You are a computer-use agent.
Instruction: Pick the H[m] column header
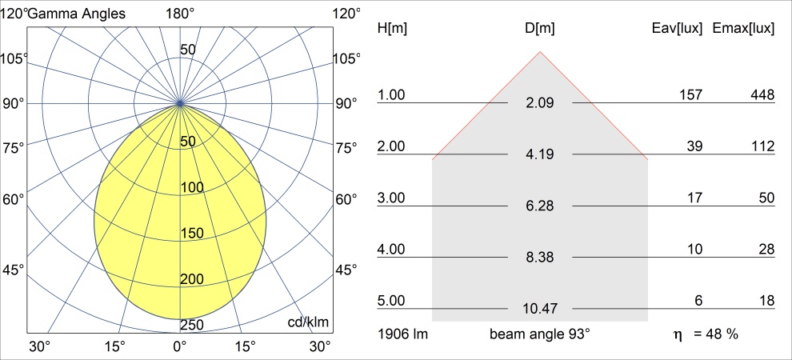click(392, 28)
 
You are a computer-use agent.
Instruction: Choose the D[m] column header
click(540, 28)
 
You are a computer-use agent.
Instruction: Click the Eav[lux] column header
click(678, 28)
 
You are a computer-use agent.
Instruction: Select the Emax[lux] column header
click(743, 28)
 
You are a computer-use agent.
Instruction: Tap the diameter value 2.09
click(540, 103)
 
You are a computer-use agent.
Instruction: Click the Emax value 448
click(762, 95)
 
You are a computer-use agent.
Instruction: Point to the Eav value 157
click(690, 95)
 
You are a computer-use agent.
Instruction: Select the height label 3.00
click(392, 198)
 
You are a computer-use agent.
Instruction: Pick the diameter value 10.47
click(540, 308)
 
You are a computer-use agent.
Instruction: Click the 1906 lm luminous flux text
click(402, 334)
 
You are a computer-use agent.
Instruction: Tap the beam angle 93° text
click(540, 334)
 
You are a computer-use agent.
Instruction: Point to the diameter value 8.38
click(540, 257)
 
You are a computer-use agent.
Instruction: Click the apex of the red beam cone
click(540, 52)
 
